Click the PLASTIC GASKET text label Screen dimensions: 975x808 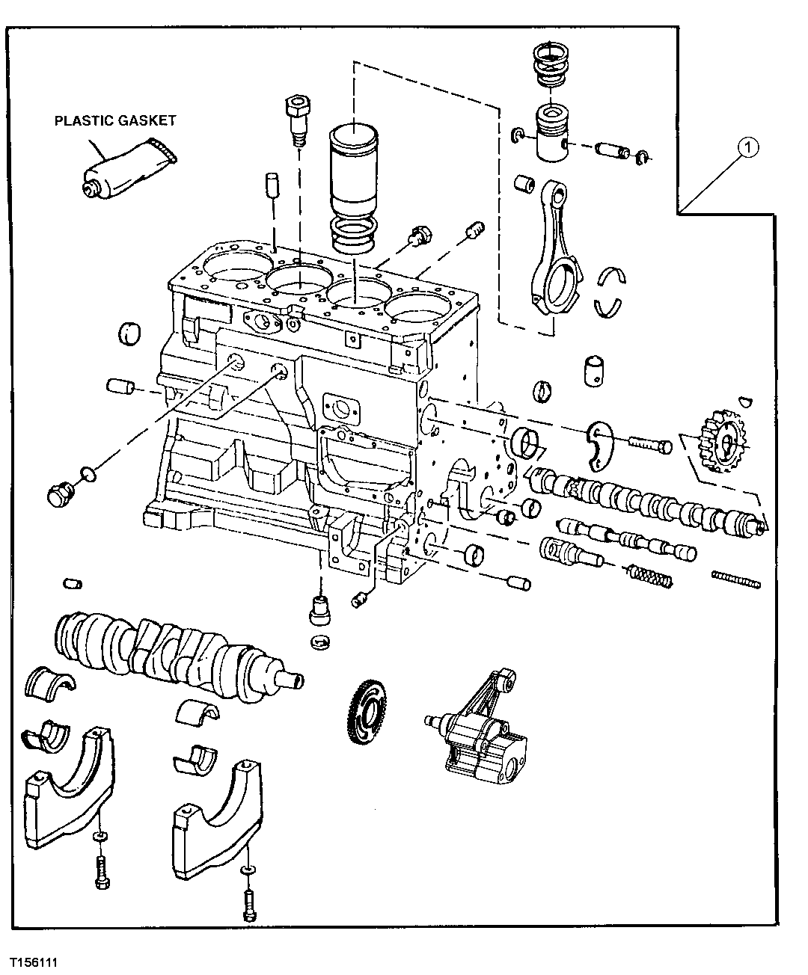coord(114,120)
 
